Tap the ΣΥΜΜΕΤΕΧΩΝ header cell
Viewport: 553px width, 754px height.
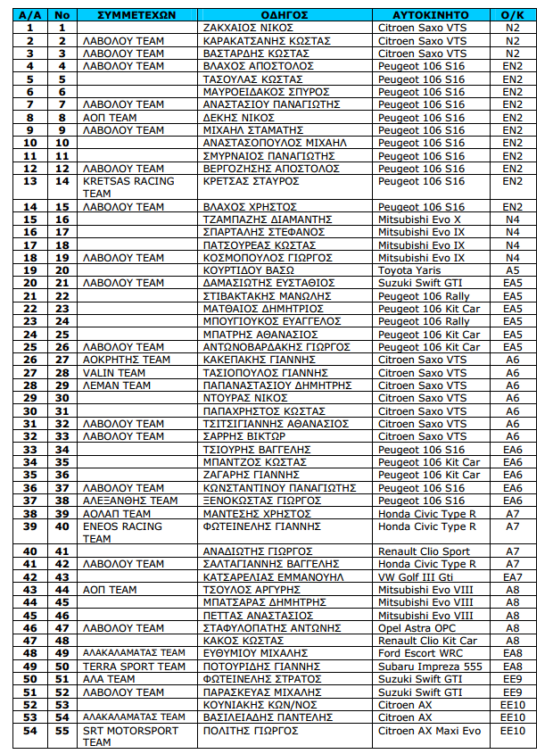point(135,15)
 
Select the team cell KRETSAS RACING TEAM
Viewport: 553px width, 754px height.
point(128,187)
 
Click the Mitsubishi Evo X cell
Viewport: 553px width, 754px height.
point(419,220)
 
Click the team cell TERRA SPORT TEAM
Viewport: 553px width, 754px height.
point(134,667)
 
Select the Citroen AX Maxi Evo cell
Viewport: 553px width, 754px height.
point(429,731)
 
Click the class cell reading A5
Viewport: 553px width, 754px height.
point(512,270)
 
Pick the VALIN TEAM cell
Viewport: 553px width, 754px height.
point(114,373)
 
